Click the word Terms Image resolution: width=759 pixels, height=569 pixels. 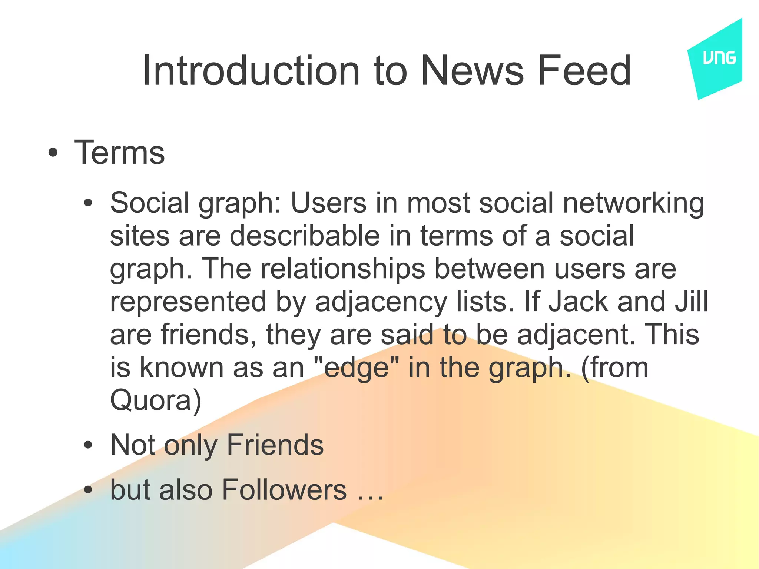[x=119, y=153]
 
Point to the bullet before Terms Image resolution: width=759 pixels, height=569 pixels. [x=53, y=153]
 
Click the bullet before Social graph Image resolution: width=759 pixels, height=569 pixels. [x=88, y=203]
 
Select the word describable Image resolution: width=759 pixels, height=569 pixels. [x=305, y=236]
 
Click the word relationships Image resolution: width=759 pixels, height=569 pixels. [x=342, y=269]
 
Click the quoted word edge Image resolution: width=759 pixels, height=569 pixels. [x=357, y=369]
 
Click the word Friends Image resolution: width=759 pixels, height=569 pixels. [x=275, y=445]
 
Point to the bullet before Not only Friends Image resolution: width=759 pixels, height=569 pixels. [x=88, y=445]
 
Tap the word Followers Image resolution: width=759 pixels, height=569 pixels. [x=284, y=490]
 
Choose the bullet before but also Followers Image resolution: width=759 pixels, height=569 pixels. [x=88, y=490]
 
